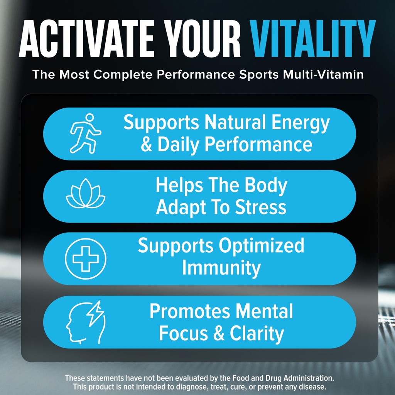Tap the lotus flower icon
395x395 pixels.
85,196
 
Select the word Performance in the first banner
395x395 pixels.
258,144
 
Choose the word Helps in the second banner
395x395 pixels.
179,186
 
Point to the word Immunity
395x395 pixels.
221,268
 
